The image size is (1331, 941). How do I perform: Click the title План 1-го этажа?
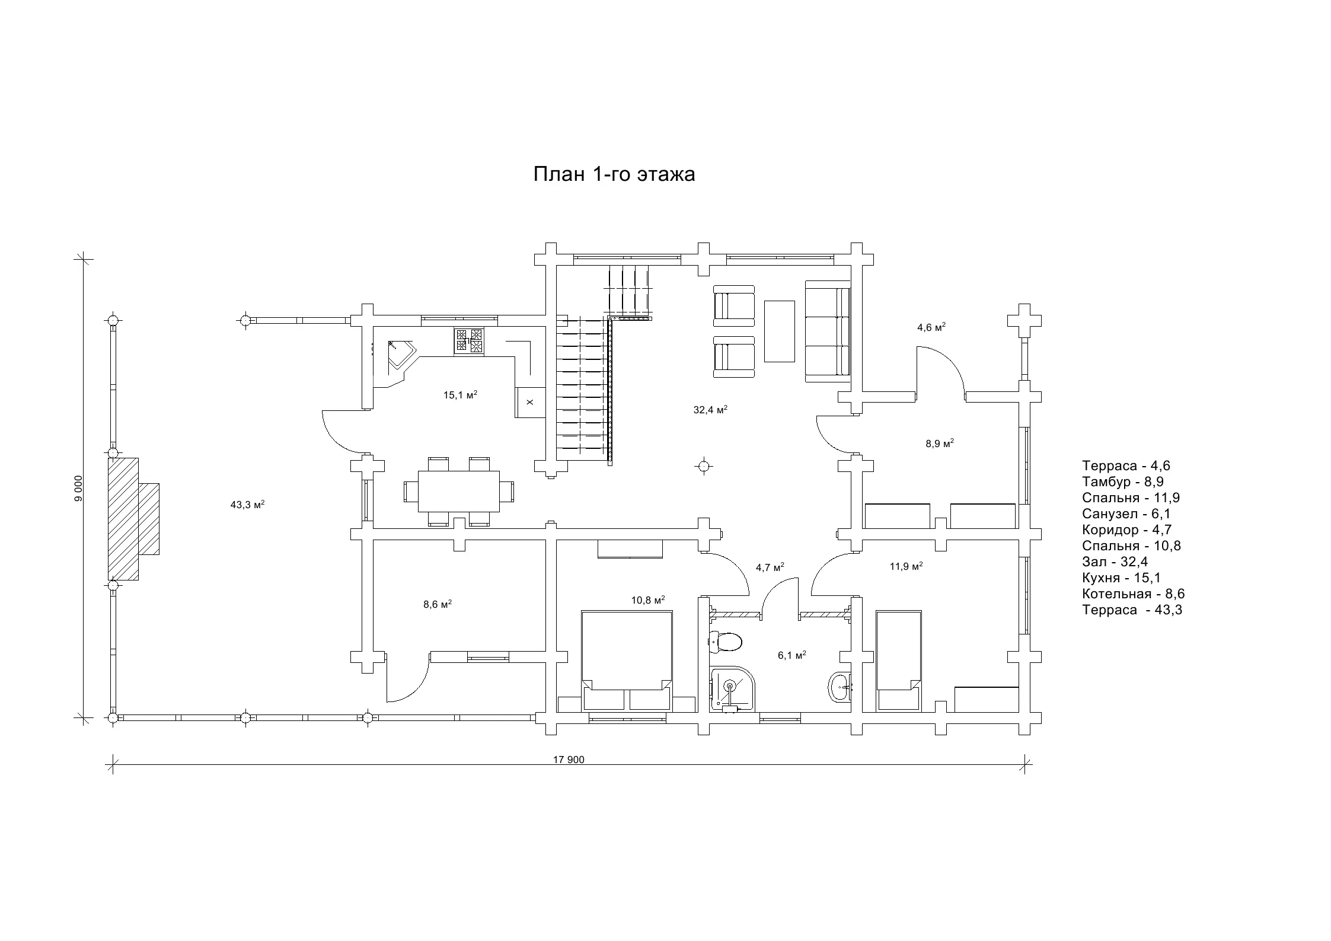(x=614, y=174)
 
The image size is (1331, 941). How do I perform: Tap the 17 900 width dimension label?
(x=569, y=760)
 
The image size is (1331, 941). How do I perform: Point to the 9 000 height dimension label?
(x=79, y=489)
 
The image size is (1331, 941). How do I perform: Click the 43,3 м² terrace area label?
(x=247, y=505)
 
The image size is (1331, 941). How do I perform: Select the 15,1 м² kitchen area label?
(x=461, y=395)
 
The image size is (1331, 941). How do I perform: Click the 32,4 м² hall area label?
(x=710, y=410)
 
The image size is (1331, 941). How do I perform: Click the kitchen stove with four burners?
(x=468, y=342)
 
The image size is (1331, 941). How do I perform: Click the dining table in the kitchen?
(x=459, y=492)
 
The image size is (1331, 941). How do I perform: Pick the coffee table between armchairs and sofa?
(x=779, y=331)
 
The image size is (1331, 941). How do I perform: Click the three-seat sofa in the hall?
(x=828, y=331)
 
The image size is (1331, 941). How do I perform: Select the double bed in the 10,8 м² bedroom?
(x=627, y=661)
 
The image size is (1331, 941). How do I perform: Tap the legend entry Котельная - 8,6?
(x=1133, y=594)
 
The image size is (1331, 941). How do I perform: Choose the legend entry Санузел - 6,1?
(x=1126, y=513)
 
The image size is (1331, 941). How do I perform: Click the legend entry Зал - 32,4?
(x=1115, y=562)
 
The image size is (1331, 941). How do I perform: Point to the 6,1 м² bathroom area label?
(x=792, y=655)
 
